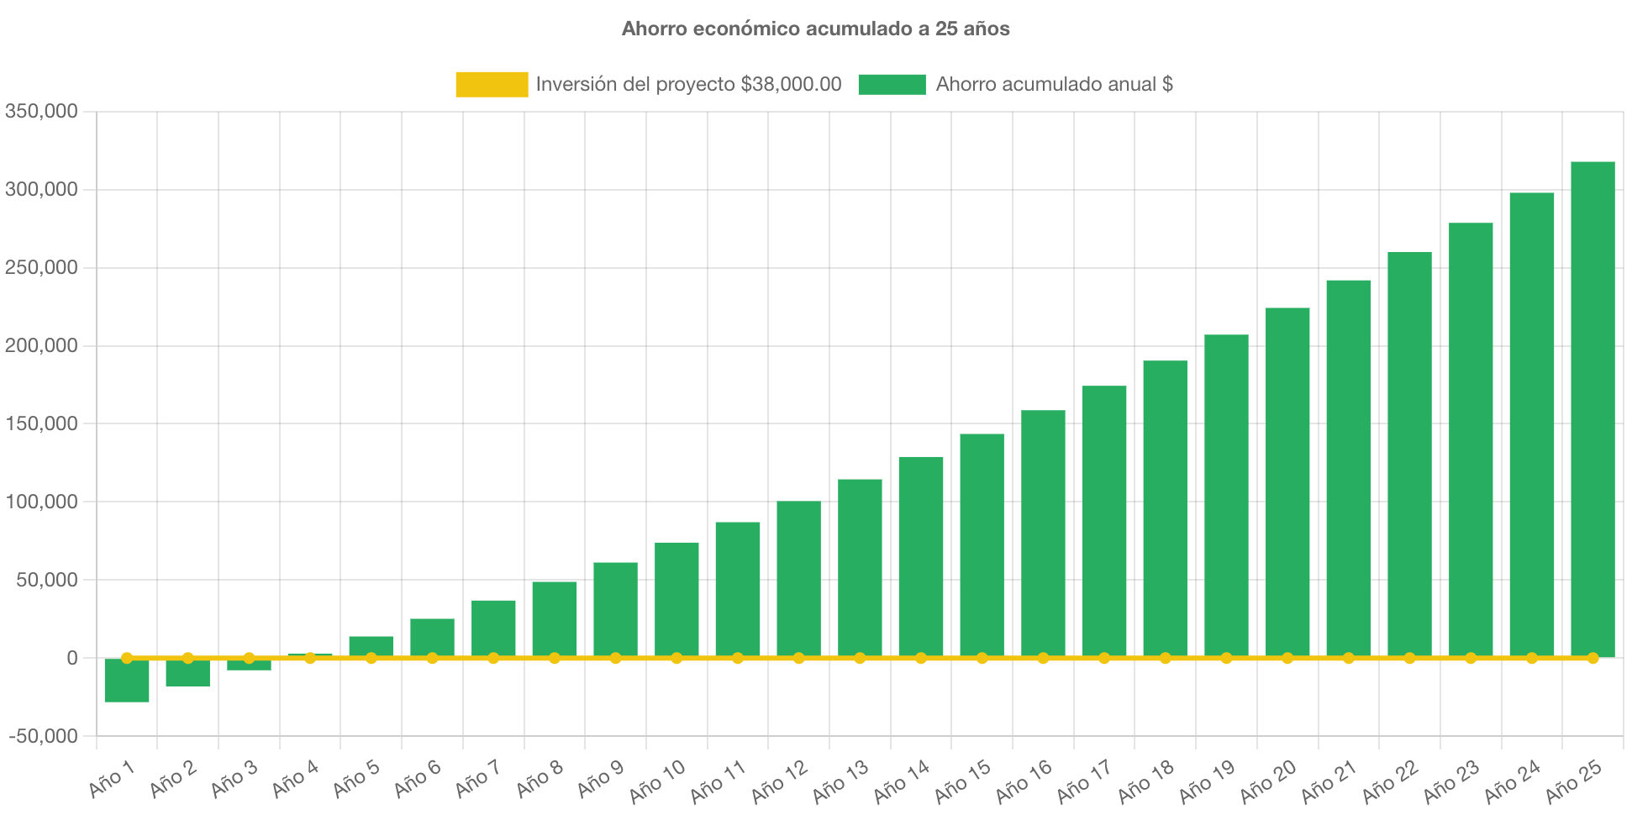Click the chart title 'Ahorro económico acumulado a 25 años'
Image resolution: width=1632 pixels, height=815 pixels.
(x=815, y=29)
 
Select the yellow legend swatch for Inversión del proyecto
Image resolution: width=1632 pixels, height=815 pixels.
(x=492, y=84)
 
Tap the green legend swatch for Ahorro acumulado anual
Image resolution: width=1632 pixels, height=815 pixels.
(x=892, y=84)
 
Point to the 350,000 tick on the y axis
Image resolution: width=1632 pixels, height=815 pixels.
(x=41, y=111)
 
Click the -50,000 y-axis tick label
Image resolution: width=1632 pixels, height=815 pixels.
(x=44, y=736)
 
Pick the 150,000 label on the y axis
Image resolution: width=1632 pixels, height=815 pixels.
(x=41, y=423)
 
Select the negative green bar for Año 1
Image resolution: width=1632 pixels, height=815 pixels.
(x=127, y=681)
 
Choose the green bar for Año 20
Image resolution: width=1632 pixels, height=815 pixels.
(x=1287, y=482)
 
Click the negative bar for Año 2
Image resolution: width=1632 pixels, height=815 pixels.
(x=187, y=673)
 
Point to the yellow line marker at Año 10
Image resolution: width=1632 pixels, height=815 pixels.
(x=676, y=658)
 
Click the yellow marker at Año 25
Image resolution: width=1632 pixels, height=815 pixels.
(x=1593, y=658)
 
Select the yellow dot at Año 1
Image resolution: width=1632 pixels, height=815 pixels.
(x=127, y=658)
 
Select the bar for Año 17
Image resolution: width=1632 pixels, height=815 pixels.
(x=1104, y=522)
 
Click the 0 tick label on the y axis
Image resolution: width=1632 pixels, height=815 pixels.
(x=72, y=658)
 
